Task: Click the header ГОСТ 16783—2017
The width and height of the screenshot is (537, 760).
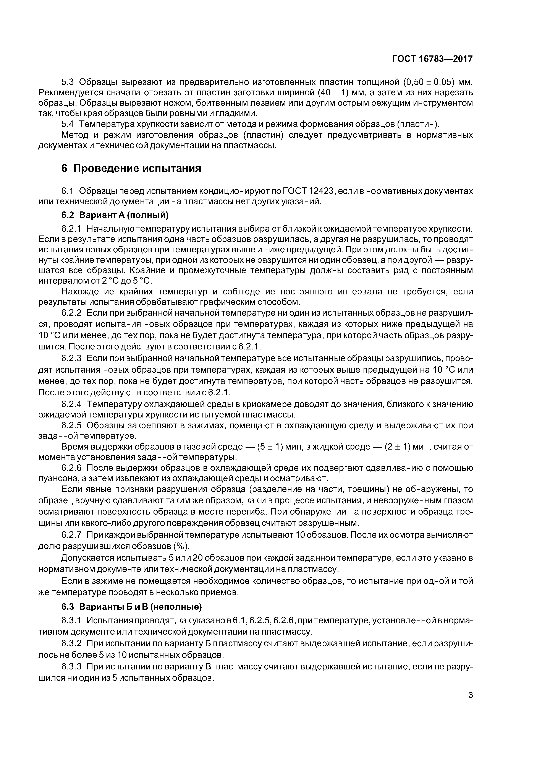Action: coord(432,59)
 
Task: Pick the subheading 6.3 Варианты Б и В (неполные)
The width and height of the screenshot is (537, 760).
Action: coord(131,607)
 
